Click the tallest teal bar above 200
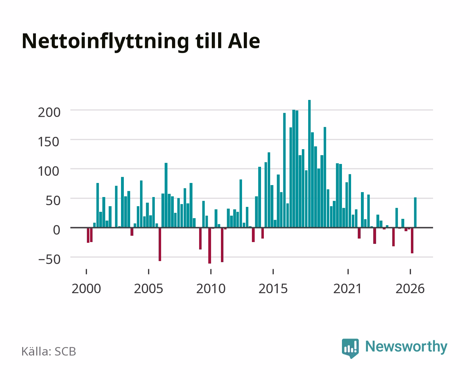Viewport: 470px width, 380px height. point(309,164)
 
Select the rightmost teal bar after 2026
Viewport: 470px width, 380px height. point(415,212)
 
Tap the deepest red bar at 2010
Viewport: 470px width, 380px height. point(210,246)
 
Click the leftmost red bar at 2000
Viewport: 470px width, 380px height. point(88,235)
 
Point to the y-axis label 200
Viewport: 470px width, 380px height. point(49,112)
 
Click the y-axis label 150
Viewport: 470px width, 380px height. point(49,142)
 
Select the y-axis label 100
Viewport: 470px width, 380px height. point(49,171)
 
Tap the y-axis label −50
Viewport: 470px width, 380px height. point(49,259)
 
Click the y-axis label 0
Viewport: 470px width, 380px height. point(57,230)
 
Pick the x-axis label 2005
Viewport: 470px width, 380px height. point(148,289)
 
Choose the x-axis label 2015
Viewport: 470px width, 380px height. point(273,289)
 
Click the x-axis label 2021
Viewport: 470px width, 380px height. point(348,289)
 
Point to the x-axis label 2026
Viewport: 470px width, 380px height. point(410,289)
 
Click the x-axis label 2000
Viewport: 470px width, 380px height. point(86,289)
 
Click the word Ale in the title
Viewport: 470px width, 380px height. point(244,41)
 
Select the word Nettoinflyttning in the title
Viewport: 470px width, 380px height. point(106,42)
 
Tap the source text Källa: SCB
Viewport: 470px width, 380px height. point(49,351)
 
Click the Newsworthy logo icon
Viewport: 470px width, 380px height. point(350,348)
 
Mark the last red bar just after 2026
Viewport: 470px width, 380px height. point(412,241)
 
